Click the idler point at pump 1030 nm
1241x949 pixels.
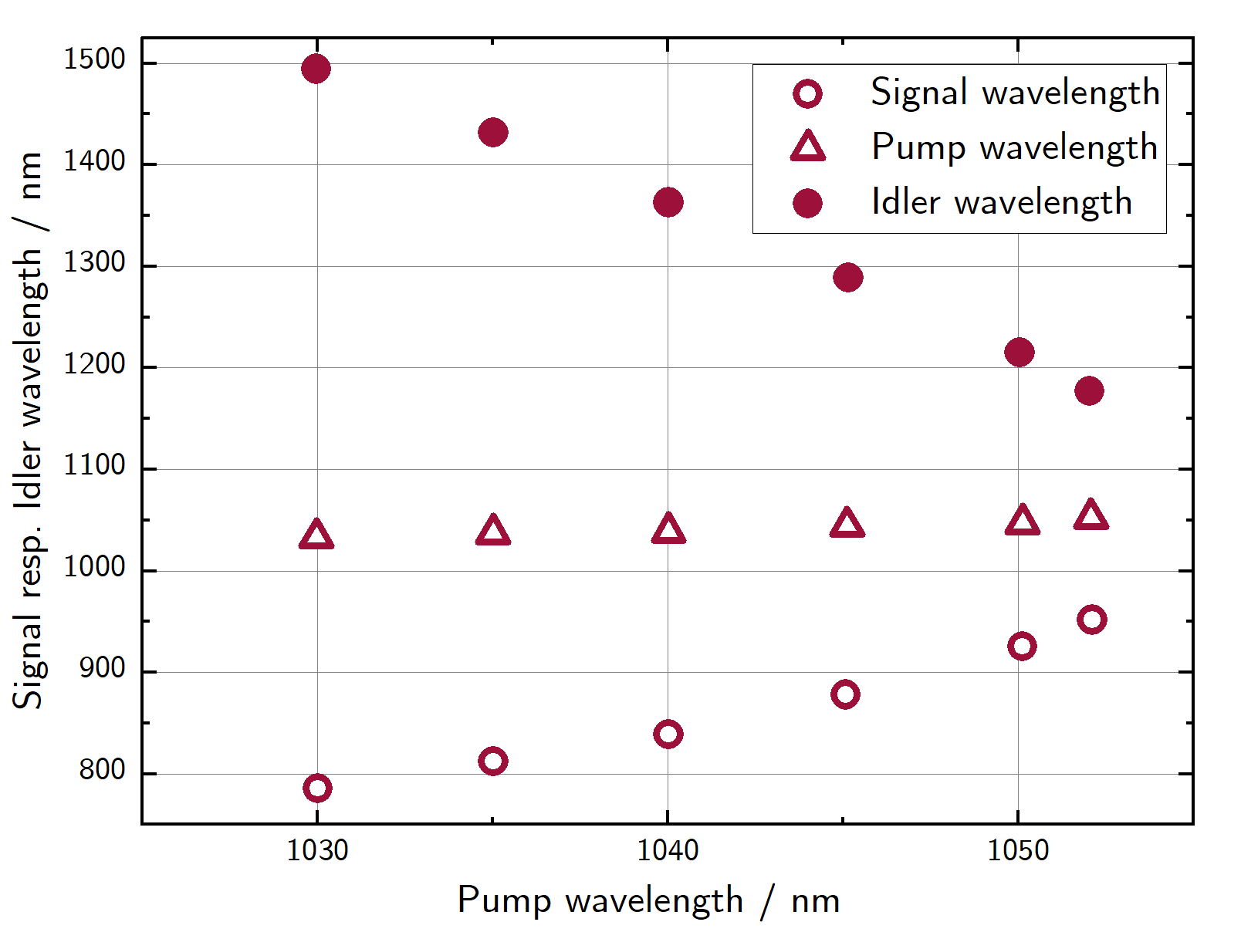316,69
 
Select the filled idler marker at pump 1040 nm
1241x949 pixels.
668,202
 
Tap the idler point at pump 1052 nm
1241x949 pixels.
1089,390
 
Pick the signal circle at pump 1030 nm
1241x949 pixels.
317,788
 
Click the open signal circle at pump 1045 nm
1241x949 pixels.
845,694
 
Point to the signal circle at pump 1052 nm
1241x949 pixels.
1091,620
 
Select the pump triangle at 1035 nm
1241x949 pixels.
493,532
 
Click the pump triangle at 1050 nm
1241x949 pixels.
1022,522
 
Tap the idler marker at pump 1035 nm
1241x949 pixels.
493,132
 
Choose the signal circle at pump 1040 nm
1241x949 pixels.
668,734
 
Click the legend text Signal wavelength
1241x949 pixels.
1015,92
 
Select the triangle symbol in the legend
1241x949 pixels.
808,147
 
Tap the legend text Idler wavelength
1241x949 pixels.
1001,202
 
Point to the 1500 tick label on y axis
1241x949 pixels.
94,59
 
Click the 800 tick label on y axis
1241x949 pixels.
102,770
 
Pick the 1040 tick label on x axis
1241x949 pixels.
668,850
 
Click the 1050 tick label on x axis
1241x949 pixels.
1019,850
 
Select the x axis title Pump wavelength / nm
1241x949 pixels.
648,900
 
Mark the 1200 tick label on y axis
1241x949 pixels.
94,364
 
